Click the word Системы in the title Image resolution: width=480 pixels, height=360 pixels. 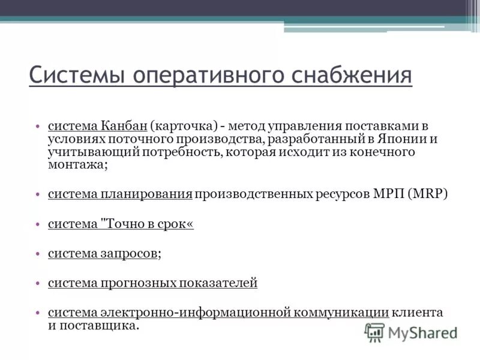tap(76, 76)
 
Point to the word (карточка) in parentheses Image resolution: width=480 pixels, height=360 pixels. tap(183, 126)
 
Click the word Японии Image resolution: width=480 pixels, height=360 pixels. tap(402, 139)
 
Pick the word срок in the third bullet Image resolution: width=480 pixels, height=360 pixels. tap(178, 224)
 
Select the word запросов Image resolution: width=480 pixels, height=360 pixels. tap(129, 254)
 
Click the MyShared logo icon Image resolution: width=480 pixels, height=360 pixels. tap(374, 332)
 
